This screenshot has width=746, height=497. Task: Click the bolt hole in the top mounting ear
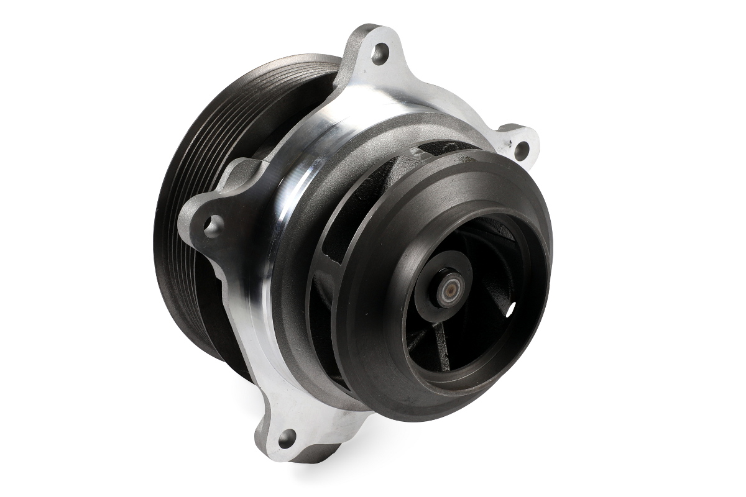point(379,53)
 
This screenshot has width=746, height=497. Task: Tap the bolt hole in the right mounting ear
point(522,149)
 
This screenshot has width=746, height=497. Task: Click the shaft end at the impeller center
point(449,290)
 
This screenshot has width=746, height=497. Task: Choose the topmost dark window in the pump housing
point(435,150)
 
